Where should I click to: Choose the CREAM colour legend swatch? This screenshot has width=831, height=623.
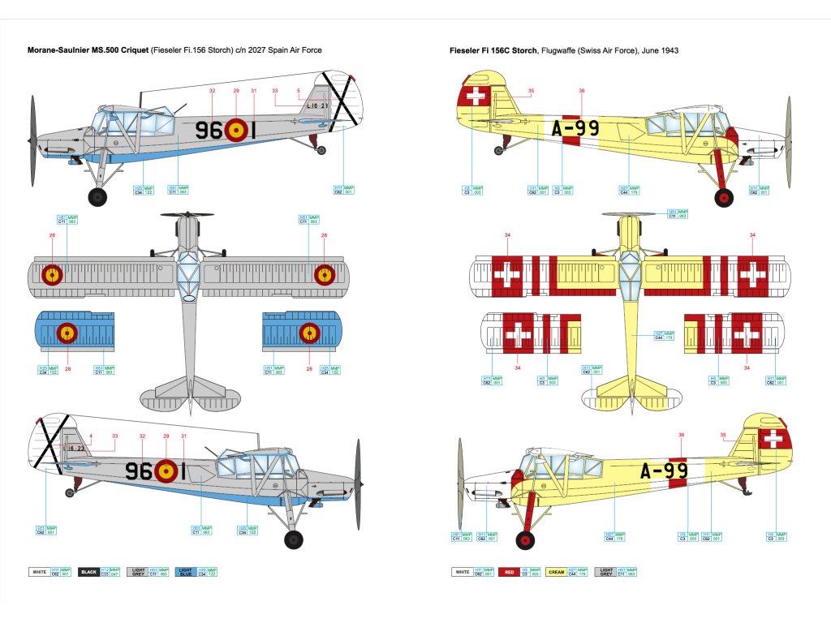click(x=556, y=572)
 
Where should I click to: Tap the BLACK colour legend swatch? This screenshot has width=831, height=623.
click(x=88, y=572)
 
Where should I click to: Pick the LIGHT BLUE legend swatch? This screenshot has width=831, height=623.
click(x=184, y=572)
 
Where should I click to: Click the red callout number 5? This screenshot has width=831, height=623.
click(x=299, y=91)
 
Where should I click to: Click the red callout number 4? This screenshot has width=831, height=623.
click(x=92, y=436)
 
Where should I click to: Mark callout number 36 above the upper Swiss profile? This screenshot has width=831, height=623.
click(x=581, y=91)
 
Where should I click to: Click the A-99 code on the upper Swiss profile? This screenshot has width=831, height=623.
click(x=575, y=128)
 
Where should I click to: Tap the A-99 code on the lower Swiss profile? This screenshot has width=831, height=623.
click(x=665, y=471)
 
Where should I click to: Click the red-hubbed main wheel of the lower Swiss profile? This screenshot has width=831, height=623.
click(x=527, y=539)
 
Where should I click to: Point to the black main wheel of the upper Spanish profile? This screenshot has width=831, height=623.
click(x=98, y=195)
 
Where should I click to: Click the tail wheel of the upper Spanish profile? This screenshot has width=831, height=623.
click(x=321, y=149)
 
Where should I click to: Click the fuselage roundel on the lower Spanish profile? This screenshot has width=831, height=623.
click(x=166, y=470)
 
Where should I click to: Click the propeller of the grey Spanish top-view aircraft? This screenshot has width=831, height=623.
click(x=187, y=214)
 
